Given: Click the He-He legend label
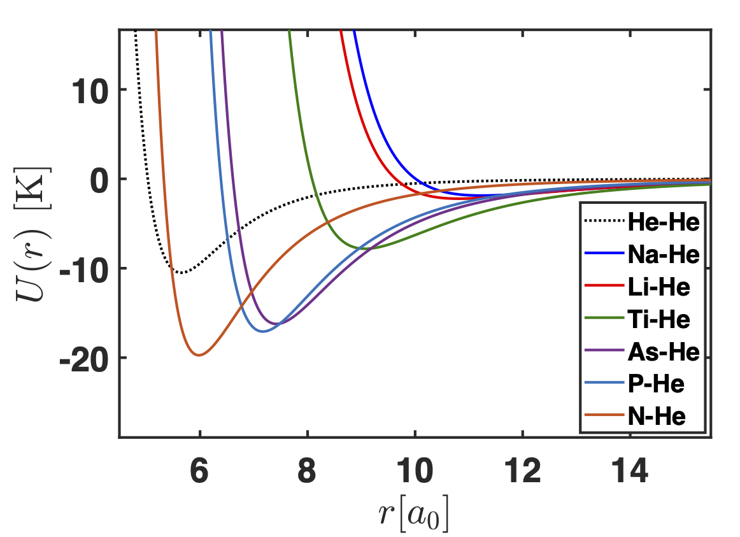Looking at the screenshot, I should (x=663, y=222).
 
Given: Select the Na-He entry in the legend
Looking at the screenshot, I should (x=663, y=254).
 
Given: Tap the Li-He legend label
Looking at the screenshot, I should (x=658, y=287).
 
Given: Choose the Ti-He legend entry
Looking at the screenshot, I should (x=658, y=319).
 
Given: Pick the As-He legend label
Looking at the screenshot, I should (x=663, y=352).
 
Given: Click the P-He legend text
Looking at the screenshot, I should (x=657, y=384).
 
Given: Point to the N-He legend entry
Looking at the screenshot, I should (x=657, y=417).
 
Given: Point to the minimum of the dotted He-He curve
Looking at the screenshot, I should (x=181, y=273).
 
